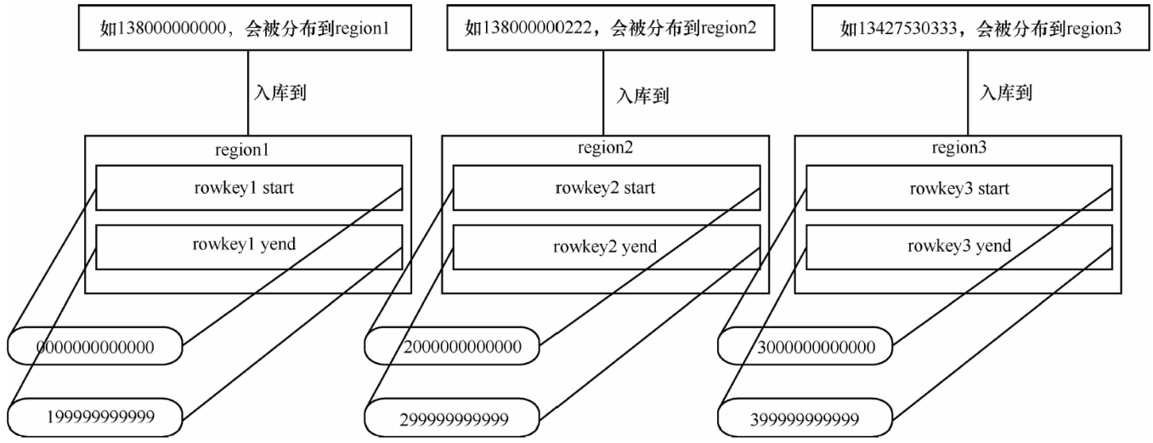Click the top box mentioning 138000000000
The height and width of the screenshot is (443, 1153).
click(x=248, y=28)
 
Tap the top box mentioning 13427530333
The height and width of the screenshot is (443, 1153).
click(x=968, y=28)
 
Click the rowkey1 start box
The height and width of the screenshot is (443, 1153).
click(x=248, y=187)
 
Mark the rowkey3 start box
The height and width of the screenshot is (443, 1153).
click(x=958, y=188)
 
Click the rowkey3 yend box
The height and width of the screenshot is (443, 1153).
click(x=958, y=246)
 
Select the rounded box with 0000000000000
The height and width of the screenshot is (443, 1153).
click(x=95, y=346)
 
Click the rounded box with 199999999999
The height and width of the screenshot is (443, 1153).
click(x=95, y=417)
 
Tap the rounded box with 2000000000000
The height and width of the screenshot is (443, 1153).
click(x=452, y=346)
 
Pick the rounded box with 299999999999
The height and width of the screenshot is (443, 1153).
click(x=452, y=419)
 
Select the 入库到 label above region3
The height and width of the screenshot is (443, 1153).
click(x=1006, y=92)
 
